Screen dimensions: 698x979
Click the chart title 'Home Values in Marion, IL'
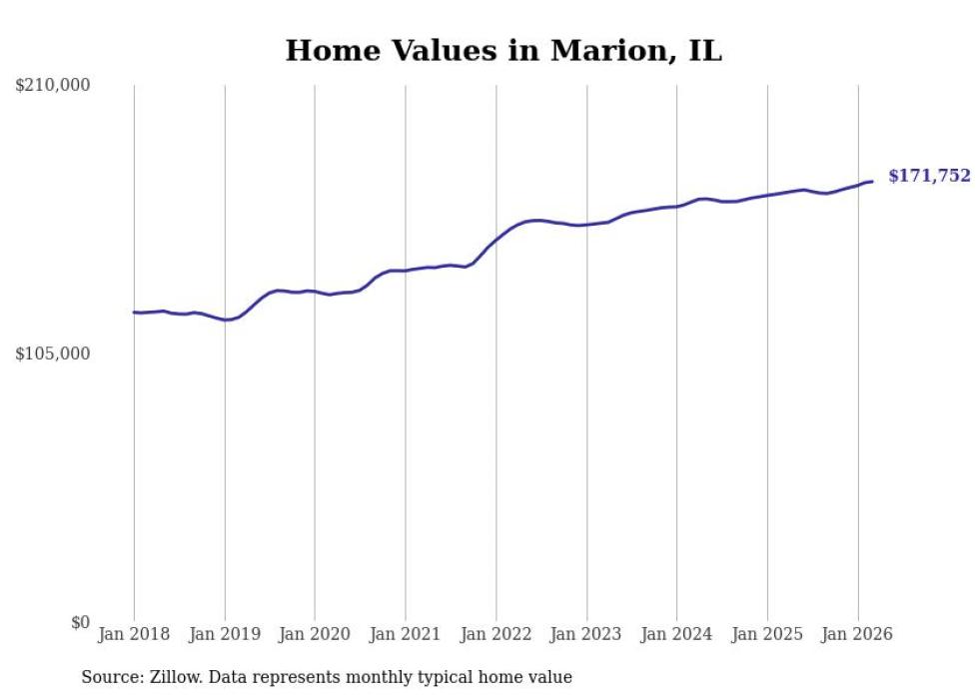click(x=503, y=51)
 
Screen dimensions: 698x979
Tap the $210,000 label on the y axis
click(x=53, y=86)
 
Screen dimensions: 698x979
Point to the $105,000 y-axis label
click(x=53, y=354)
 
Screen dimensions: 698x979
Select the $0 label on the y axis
click(x=80, y=623)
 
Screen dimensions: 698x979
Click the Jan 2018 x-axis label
click(x=134, y=634)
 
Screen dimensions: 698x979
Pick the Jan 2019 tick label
click(x=225, y=634)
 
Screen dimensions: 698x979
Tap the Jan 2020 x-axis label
click(x=315, y=634)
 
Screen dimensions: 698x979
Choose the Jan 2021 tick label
click(x=406, y=634)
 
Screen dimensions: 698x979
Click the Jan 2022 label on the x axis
click(x=496, y=634)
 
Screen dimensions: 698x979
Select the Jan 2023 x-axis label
click(x=586, y=634)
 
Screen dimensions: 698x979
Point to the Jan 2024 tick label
click(x=677, y=634)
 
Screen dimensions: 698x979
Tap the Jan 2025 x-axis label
click(x=767, y=634)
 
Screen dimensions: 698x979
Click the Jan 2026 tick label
click(x=858, y=634)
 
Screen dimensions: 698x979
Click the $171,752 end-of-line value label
click(x=929, y=177)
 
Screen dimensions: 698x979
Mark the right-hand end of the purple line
click(x=872, y=182)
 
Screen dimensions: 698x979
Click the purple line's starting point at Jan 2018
click(x=134, y=313)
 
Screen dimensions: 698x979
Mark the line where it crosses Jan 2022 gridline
click(x=496, y=239)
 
